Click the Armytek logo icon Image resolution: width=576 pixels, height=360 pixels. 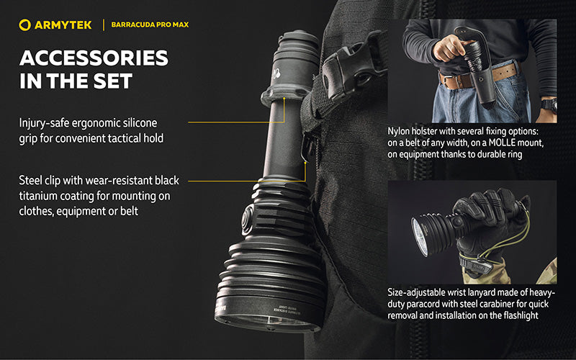(x=26, y=25)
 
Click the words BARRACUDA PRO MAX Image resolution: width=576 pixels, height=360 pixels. (x=150, y=25)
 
